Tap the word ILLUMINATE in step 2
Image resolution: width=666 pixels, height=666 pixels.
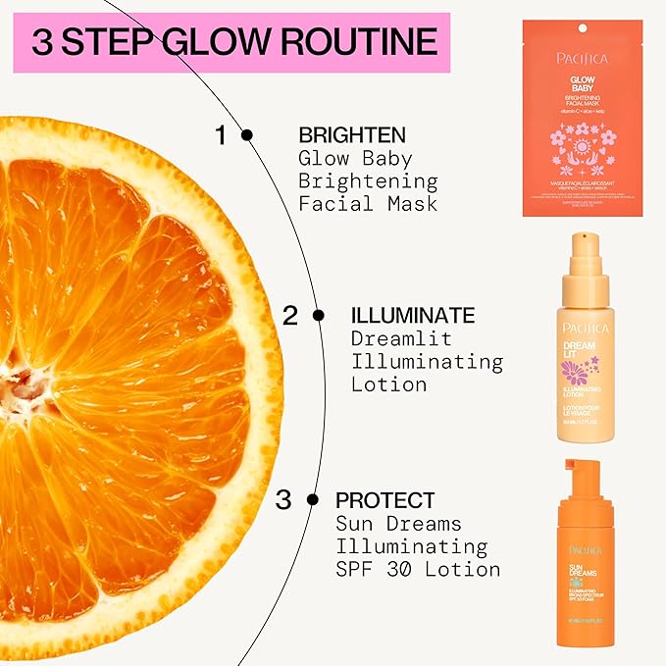(412, 315)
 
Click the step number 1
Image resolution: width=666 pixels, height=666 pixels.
(221, 135)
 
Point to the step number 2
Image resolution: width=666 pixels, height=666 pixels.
(289, 316)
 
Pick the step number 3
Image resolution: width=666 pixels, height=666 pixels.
(282, 500)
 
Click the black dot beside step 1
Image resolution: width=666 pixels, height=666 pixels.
(247, 134)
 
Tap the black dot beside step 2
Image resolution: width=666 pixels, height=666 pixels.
(318, 315)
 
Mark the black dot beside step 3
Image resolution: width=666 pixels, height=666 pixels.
(313, 499)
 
